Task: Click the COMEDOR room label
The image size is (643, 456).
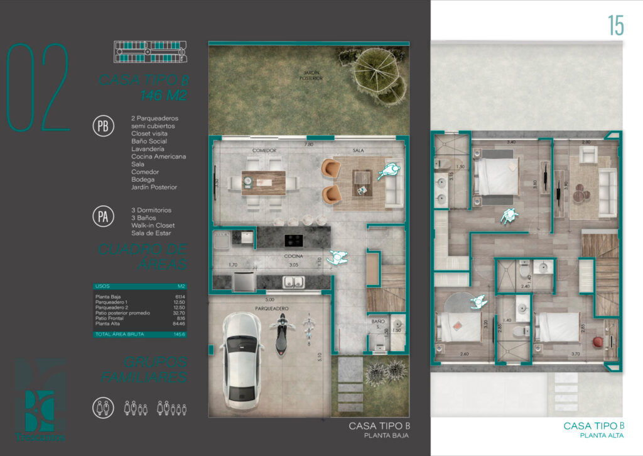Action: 264,151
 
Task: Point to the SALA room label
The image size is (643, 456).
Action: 359,151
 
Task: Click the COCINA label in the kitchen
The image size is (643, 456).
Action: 293,257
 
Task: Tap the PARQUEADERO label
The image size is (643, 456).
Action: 271,308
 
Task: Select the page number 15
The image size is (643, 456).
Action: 615,26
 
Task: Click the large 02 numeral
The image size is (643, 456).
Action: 38,88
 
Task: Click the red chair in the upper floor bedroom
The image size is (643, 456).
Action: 596,342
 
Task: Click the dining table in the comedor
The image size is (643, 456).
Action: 263,181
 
